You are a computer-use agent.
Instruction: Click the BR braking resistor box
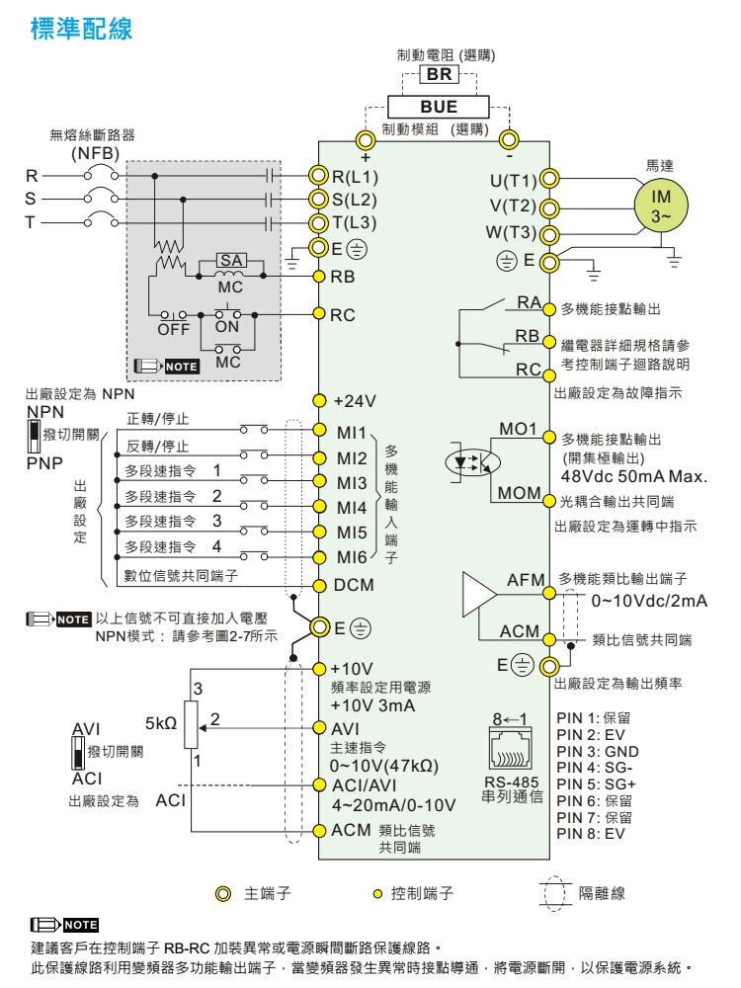point(440,74)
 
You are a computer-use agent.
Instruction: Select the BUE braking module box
point(438,107)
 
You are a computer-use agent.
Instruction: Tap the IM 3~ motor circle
point(660,206)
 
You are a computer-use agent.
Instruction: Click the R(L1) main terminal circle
point(320,176)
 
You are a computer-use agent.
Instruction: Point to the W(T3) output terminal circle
point(548,236)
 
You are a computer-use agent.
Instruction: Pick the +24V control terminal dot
point(319,401)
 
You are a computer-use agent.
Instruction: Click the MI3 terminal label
point(352,483)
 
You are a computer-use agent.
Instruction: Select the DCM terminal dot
point(319,585)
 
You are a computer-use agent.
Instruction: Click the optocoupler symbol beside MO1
point(472,462)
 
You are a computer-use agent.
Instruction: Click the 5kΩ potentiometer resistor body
point(191,724)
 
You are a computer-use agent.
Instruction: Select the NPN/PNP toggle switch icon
point(34,437)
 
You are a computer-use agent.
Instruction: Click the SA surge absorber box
point(230,260)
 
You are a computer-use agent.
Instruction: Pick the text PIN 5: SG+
point(596,784)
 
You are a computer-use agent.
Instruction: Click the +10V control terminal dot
point(319,669)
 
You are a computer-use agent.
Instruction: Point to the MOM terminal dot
point(548,502)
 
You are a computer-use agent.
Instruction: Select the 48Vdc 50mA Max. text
point(634,476)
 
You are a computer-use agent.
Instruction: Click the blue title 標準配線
point(81,29)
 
